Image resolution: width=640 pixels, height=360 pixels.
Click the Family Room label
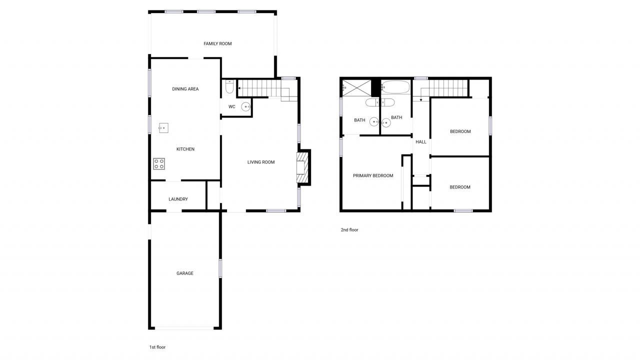[x=217, y=44]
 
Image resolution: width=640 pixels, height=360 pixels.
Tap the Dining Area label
[x=185, y=89]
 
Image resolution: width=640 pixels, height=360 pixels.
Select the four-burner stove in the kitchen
[x=159, y=163]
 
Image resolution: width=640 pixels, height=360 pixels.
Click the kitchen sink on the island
[x=163, y=128]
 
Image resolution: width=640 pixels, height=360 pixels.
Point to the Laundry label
[x=178, y=199]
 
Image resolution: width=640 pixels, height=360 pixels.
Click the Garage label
[x=184, y=273]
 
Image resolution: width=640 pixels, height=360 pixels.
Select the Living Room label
[x=261, y=162]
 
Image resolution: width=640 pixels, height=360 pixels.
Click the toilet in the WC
[x=229, y=88]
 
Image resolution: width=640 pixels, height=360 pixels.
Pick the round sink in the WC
[x=246, y=106]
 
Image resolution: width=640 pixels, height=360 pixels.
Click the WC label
[x=232, y=106]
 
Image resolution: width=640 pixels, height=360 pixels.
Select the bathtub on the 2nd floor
[x=395, y=87]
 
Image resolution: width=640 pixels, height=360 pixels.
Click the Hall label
[x=421, y=142]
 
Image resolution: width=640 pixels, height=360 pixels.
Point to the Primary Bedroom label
[x=373, y=175]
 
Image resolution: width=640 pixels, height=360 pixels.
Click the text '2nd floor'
[x=349, y=230]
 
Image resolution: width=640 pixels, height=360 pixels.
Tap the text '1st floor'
[x=157, y=347]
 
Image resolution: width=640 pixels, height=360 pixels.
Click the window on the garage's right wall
[x=220, y=268]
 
